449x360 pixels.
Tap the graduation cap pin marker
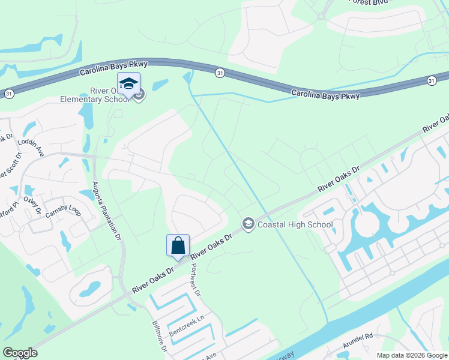click(128, 84)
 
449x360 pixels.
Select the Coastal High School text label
click(295, 224)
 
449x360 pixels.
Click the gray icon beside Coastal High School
click(247, 224)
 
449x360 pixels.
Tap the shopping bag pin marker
click(178, 246)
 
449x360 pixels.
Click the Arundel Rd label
click(358, 344)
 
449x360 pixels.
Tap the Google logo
click(20, 353)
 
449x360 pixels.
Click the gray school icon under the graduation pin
click(139, 94)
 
